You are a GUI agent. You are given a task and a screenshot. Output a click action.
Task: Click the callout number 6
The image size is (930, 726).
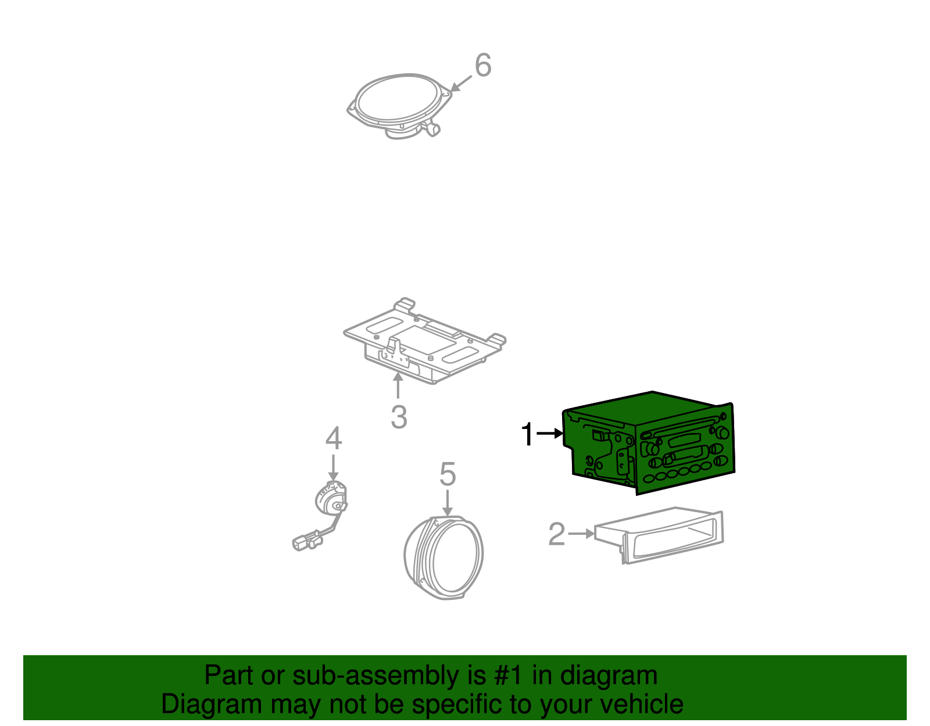click(483, 66)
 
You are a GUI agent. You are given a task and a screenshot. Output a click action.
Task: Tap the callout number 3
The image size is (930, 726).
click(399, 417)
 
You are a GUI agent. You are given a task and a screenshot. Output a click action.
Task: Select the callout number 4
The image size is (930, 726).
click(334, 438)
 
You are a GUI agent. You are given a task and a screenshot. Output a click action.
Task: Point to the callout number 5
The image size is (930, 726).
click(448, 474)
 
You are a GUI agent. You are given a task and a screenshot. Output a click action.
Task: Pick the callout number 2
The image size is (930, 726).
click(556, 534)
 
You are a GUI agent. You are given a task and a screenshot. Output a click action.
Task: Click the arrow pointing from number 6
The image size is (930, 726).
click(461, 84)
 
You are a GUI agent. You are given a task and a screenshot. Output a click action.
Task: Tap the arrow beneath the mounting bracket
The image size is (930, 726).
click(398, 385)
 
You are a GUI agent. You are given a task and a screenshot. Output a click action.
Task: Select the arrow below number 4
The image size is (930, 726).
click(333, 467)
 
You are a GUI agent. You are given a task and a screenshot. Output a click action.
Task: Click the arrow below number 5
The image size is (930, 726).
click(447, 503)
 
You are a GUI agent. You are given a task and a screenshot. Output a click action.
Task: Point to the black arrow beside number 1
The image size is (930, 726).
click(550, 434)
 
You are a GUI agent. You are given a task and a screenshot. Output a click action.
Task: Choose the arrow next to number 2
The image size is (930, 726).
click(581, 534)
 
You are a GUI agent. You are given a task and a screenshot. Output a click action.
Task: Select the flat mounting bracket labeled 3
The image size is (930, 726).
click(424, 341)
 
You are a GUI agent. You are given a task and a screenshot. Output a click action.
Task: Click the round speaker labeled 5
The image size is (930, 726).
click(444, 557)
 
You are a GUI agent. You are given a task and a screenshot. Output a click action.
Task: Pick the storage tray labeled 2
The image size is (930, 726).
click(659, 535)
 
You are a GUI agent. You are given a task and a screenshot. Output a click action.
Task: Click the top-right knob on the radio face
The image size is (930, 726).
click(722, 432)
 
